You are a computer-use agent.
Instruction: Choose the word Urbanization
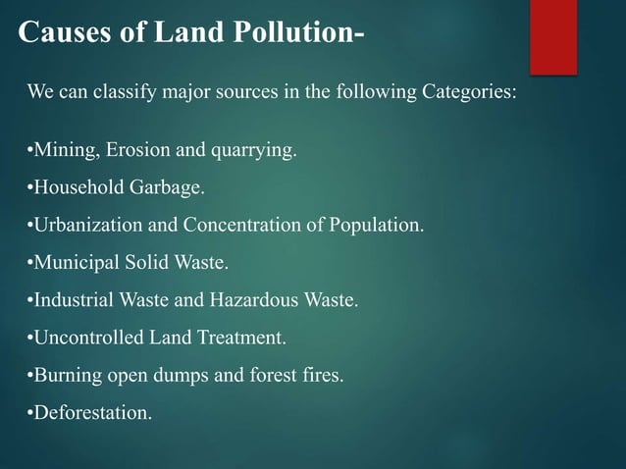88,226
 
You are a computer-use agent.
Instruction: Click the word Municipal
75,263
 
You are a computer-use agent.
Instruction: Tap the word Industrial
71,300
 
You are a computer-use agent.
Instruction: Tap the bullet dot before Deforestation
30,412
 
